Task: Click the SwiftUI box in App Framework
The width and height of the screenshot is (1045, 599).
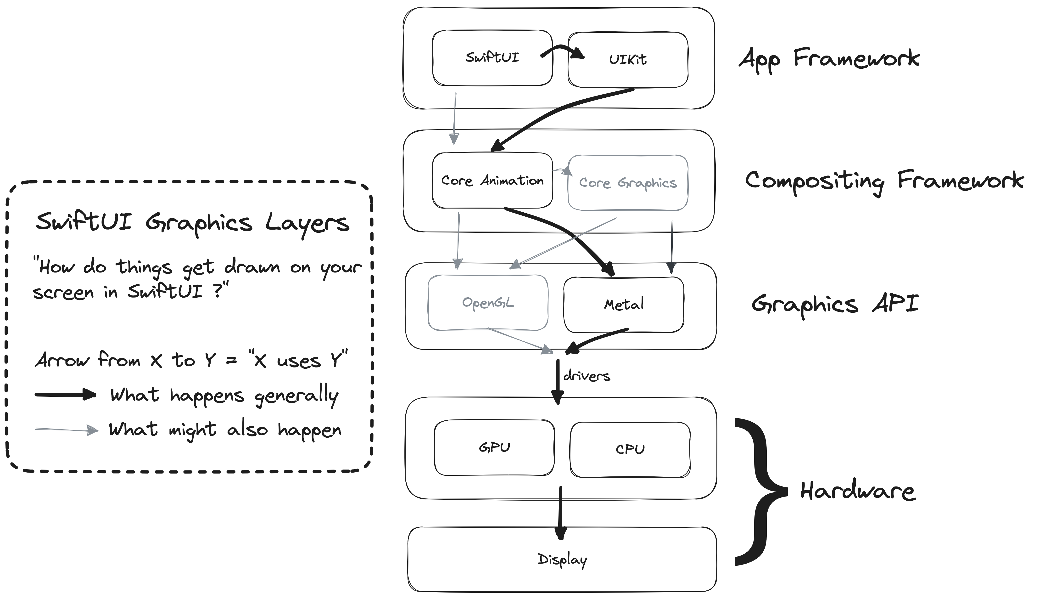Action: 492,58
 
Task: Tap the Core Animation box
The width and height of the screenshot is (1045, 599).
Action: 492,181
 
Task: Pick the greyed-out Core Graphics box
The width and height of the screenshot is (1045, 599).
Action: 628,183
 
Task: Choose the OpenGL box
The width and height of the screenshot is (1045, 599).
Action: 488,303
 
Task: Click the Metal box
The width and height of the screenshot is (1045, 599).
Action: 624,305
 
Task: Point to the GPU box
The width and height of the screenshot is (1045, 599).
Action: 494,448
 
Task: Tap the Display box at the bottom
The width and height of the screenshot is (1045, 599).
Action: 562,559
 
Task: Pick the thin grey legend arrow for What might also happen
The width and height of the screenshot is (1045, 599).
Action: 67,430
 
